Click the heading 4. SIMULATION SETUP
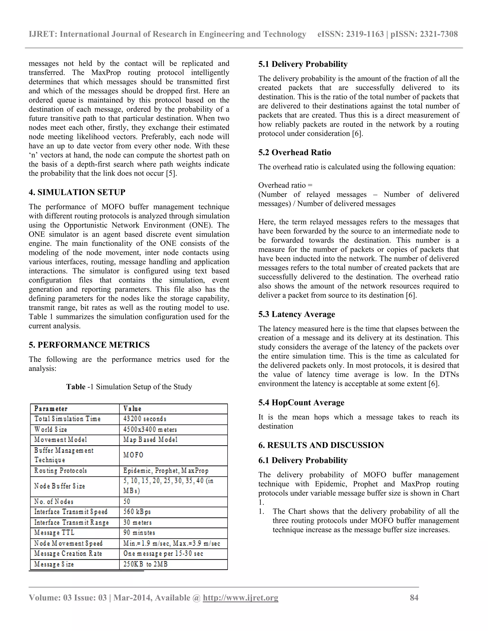coord(77,192)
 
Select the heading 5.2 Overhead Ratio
coord(295,153)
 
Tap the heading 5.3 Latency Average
coord(297,314)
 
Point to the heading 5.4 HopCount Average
coord(301,403)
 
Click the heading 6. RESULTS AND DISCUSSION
coord(321,445)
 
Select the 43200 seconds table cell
coord(145,419)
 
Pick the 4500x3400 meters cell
coord(150,430)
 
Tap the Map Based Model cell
coord(150,440)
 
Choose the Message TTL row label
coord(54,532)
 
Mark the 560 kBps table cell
coord(137,512)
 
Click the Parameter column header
coord(51,409)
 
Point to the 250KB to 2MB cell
coord(145,564)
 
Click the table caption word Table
coord(76,387)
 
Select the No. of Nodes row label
coord(54,501)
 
